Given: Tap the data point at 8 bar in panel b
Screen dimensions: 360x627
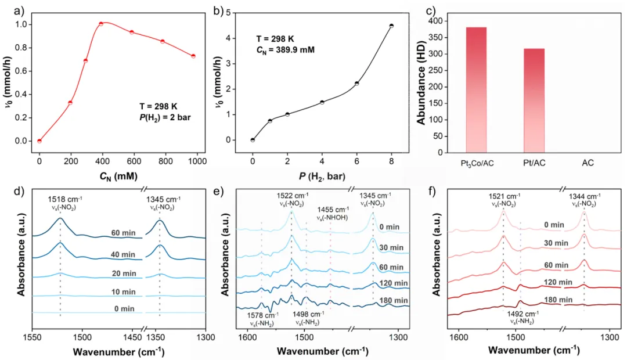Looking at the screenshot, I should pos(391,26).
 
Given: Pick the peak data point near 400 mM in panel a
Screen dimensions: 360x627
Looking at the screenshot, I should pos(101,24).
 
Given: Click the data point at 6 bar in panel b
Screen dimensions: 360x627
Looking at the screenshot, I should pos(356,83).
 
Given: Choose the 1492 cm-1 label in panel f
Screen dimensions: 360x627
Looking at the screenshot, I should pos(521,314).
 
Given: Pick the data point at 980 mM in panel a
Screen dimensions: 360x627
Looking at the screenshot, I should pos(193,56).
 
